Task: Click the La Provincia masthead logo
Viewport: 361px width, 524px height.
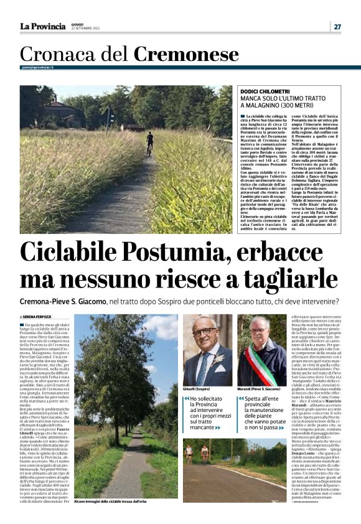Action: coord(42,26)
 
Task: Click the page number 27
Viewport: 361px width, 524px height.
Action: coord(337,27)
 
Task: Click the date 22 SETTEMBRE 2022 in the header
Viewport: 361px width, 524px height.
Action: coord(84,29)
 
